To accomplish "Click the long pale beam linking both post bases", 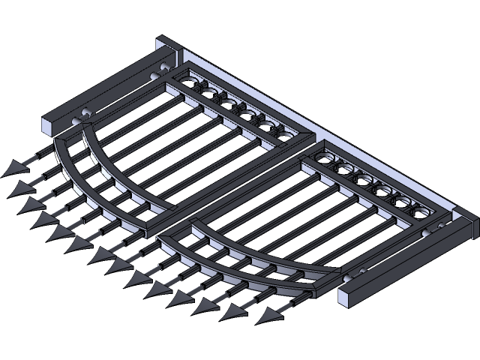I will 315,127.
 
